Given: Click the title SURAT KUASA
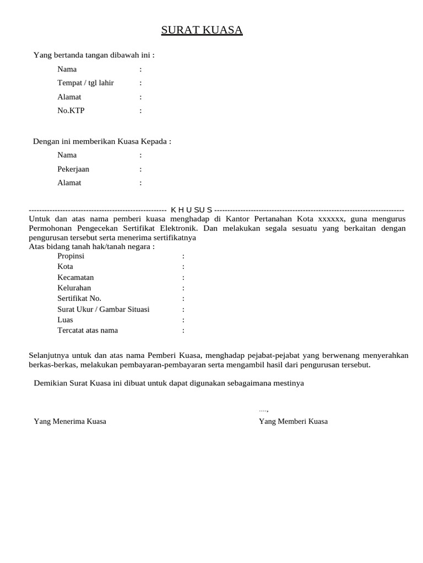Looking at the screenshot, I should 202,30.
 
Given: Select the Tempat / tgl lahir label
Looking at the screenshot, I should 85,83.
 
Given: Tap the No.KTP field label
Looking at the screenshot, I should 71,111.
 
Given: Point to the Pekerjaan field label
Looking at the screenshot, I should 73,169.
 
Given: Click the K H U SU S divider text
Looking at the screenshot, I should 191,210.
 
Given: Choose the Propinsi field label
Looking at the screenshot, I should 70,256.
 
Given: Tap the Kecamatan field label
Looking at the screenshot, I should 75,278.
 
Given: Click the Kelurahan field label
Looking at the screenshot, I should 74,288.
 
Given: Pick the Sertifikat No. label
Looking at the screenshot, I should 79,299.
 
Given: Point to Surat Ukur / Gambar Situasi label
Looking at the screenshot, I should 103,310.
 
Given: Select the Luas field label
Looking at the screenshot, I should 65,320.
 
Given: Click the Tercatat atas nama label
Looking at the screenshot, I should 88,330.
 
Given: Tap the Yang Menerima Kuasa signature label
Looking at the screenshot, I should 70,422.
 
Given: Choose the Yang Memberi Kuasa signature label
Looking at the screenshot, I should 293,422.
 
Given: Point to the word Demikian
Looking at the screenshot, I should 50,383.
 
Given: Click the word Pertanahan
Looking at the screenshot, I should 270,219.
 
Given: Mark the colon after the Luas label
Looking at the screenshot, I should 183,320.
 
